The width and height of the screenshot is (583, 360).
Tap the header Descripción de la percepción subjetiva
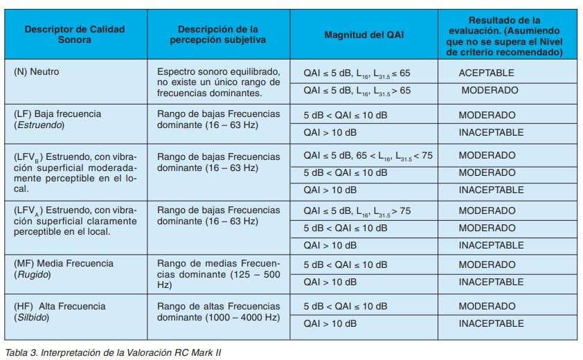click(x=218, y=35)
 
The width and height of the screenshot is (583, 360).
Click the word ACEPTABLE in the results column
click(x=486, y=73)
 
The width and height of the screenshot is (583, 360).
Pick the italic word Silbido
click(x=33, y=317)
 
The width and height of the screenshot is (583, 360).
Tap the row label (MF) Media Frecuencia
click(x=63, y=264)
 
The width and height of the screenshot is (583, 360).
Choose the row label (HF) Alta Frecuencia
click(x=60, y=306)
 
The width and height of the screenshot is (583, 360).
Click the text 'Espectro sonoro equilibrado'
click(x=218, y=72)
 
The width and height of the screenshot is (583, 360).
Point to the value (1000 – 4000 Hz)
click(x=241, y=317)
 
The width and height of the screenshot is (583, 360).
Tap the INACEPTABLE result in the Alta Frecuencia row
click(x=491, y=324)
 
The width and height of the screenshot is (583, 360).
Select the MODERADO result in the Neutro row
click(x=490, y=91)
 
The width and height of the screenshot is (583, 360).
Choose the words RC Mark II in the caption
click(x=199, y=352)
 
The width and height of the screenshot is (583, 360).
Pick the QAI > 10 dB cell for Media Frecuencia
click(x=330, y=282)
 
